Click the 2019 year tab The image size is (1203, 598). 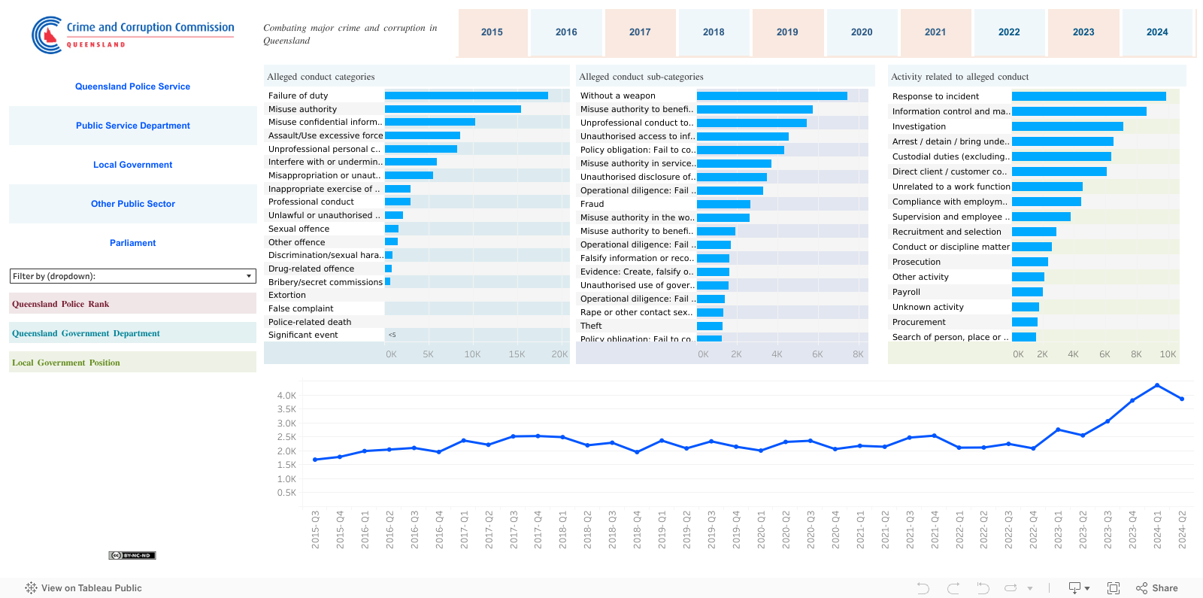point(787,32)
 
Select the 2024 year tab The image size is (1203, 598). point(1157,32)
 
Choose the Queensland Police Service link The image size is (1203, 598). point(132,87)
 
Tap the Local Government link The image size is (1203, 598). point(132,165)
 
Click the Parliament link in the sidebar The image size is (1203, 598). point(132,243)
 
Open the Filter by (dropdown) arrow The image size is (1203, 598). point(249,276)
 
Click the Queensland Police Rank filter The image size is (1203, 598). point(132,304)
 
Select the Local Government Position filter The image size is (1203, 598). point(132,363)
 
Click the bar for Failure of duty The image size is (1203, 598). point(466,96)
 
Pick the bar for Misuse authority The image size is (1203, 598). point(453,109)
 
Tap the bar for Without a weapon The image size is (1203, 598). point(771,96)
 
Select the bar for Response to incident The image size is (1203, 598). point(1089,96)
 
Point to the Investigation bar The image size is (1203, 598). point(1067,126)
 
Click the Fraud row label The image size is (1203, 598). point(592,204)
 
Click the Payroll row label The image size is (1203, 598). point(906,292)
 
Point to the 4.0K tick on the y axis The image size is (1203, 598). point(286,396)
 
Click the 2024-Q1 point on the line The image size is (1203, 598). point(1157,385)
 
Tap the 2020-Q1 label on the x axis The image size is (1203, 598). point(762,530)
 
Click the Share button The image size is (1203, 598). point(1157,588)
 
